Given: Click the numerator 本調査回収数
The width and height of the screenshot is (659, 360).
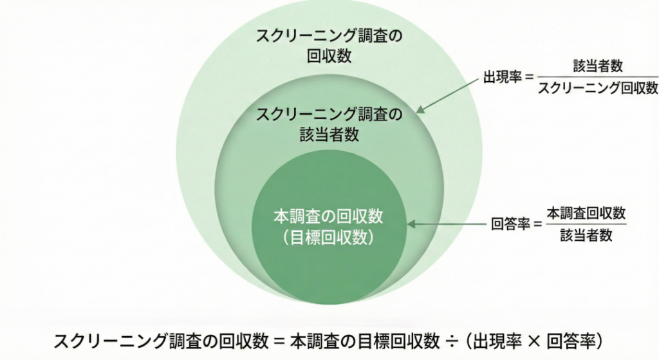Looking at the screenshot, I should point(586,213).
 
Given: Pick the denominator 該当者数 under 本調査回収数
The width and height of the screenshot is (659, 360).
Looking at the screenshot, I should point(586,236).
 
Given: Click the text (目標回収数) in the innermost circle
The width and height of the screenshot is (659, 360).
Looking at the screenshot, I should point(328,237).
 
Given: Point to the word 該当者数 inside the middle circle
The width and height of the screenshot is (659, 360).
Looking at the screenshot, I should point(329,135).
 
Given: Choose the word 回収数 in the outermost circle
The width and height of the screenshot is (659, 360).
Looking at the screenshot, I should point(329,55).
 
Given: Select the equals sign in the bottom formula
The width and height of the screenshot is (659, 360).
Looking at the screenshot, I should point(278,339).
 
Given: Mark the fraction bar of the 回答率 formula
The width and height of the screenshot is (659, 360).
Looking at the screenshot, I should point(586,225).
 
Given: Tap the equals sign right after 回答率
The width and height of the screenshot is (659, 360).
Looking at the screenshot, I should point(536,225).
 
